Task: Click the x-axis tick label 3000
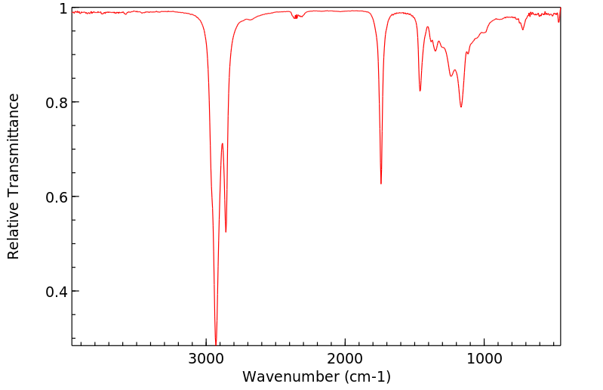pos(208,358)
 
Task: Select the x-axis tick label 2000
pos(346,358)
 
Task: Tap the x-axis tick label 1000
pos(484,358)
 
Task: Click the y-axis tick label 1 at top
pos(63,8)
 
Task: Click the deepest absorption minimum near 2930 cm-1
pos(216,343)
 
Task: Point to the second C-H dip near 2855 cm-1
pos(226,231)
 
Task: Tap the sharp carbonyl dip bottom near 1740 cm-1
pos(381,183)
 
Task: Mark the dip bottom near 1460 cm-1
pos(420,91)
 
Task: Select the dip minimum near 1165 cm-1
pos(461,107)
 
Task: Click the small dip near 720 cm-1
pos(523,29)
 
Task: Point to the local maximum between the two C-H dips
pos(222,144)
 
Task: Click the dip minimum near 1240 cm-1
pos(451,76)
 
